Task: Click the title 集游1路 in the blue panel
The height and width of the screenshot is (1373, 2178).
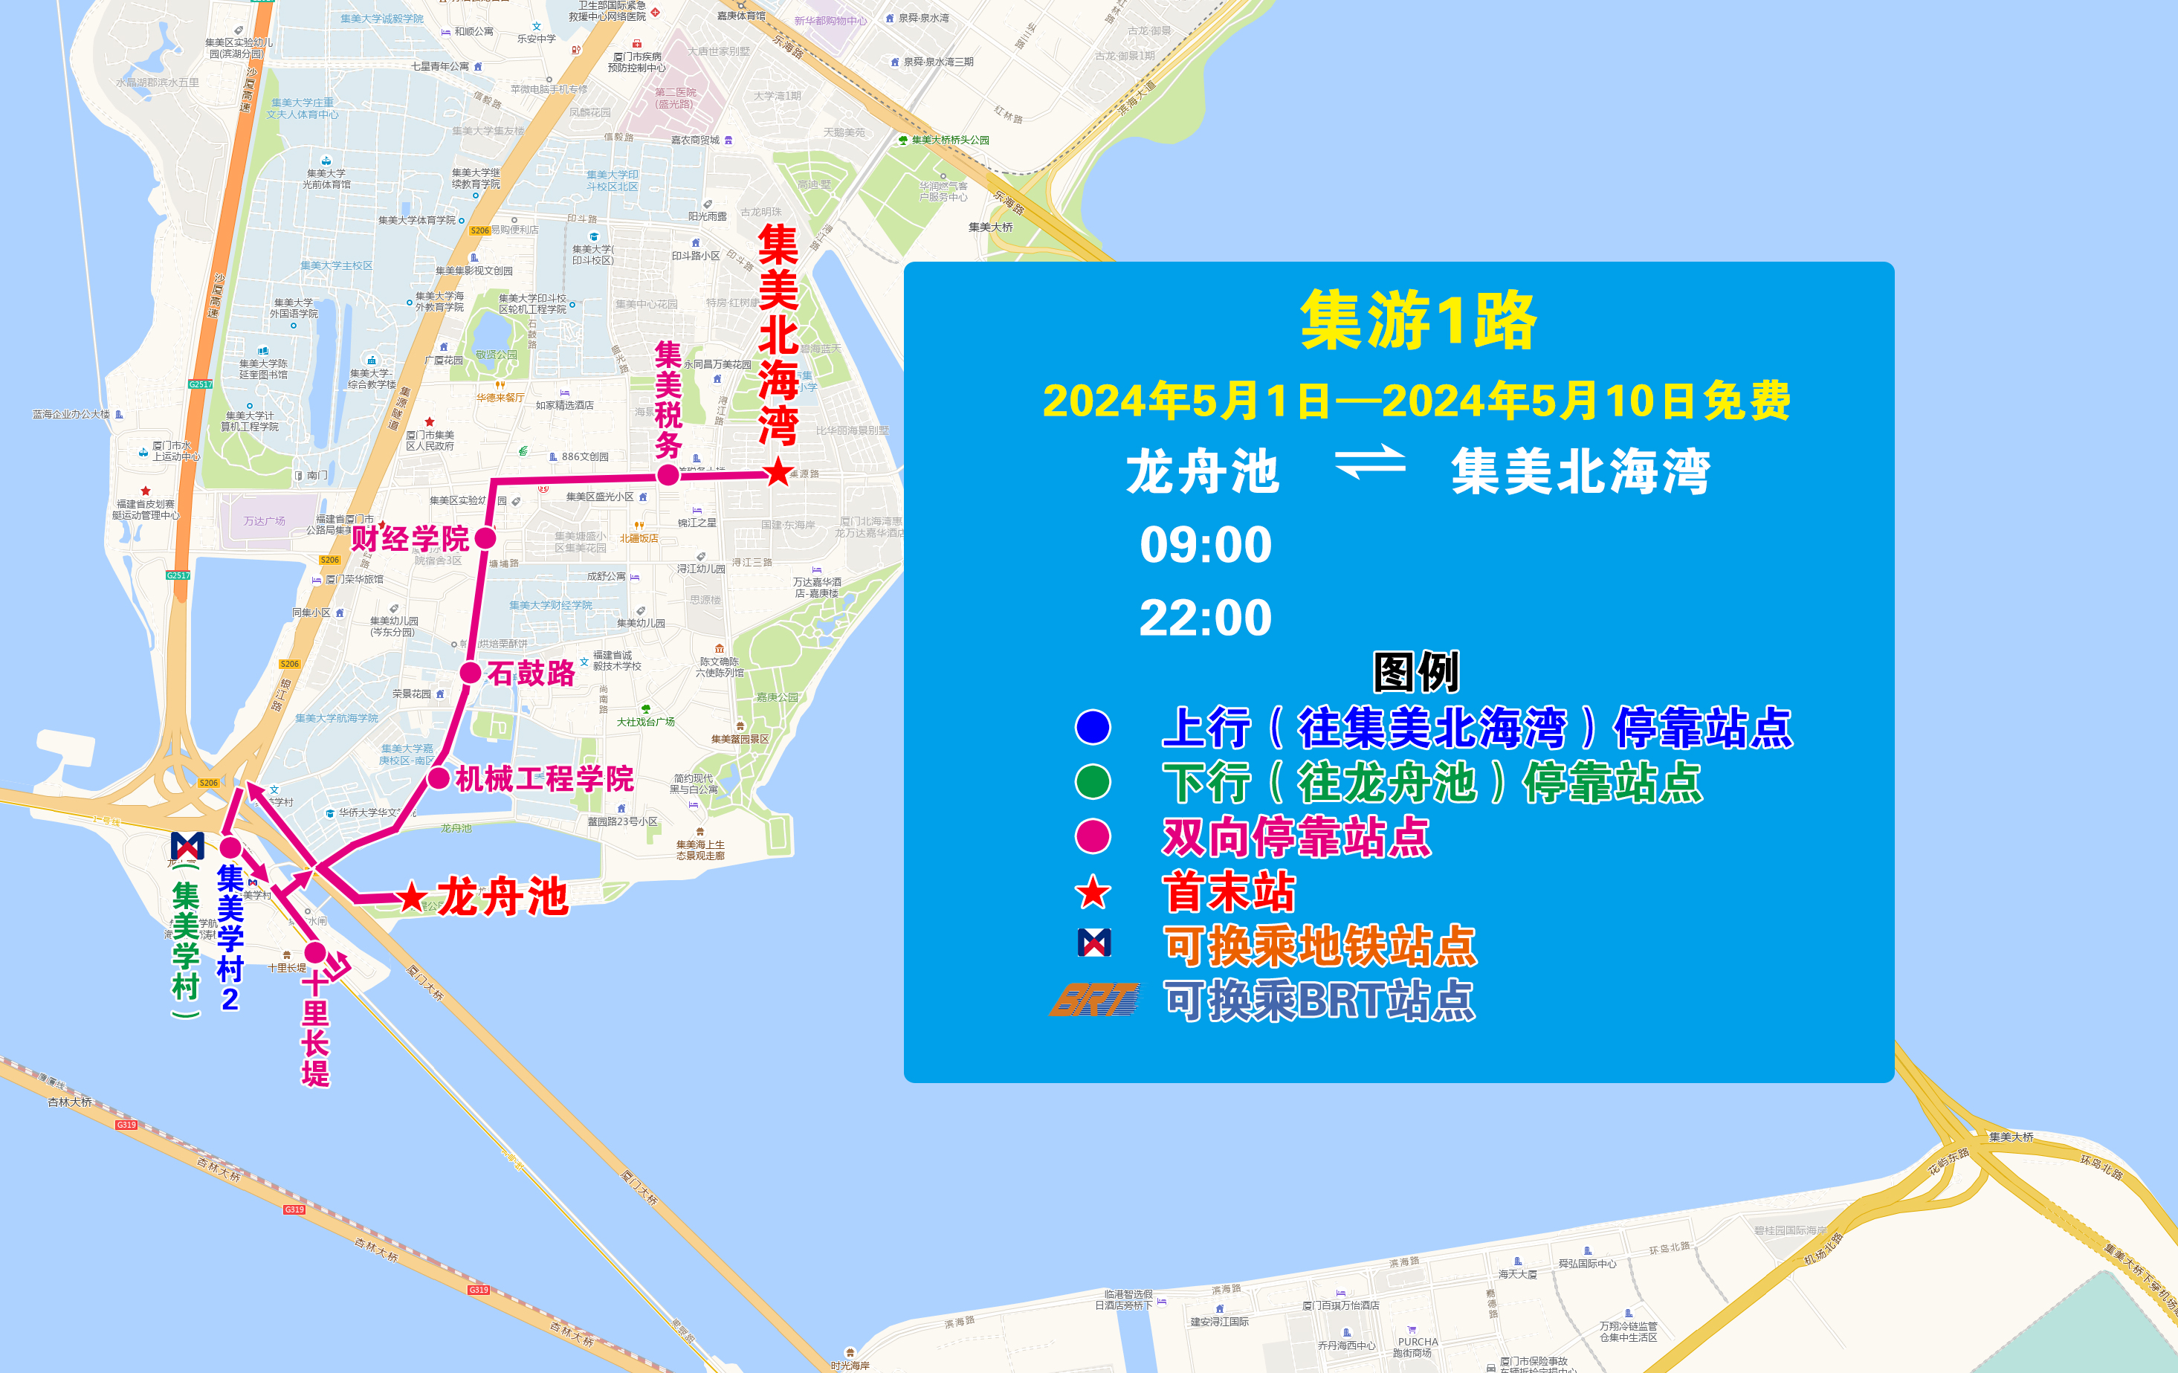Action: click(x=1418, y=321)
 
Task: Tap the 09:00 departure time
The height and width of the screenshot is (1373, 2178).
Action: click(x=1205, y=544)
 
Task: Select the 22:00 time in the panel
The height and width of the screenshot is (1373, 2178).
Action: click(x=1205, y=618)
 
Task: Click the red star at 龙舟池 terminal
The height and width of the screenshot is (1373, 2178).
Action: click(x=412, y=897)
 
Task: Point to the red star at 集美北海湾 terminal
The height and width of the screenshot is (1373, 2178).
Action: click(x=778, y=472)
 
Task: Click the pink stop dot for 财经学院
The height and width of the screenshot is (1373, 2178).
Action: click(x=485, y=538)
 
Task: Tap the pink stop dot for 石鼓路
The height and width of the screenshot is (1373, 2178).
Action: click(x=471, y=673)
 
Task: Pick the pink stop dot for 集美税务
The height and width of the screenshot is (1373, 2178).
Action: click(x=668, y=475)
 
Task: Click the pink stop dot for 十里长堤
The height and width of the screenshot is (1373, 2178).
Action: click(x=314, y=952)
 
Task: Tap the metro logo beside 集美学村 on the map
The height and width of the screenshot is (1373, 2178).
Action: click(x=187, y=846)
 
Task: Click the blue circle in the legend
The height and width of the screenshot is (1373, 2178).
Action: click(x=1093, y=727)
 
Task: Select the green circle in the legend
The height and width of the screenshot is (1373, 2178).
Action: click(x=1093, y=782)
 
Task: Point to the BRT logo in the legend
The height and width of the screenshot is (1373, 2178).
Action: click(x=1094, y=999)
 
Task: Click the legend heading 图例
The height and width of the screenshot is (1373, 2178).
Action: click(x=1415, y=672)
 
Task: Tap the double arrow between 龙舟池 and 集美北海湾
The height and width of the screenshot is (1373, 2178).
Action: click(x=1370, y=463)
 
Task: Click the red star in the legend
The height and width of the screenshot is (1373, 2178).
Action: click(x=1093, y=893)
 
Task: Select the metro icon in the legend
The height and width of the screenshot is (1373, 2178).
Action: click(x=1094, y=943)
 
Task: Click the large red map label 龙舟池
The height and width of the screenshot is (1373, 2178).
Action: click(x=503, y=897)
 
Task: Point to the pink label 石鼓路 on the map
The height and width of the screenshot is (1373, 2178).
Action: click(x=531, y=673)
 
